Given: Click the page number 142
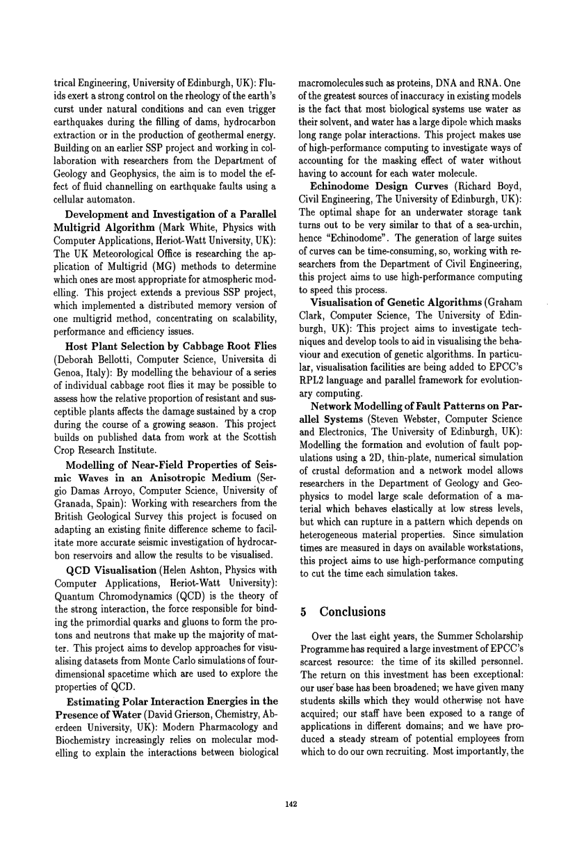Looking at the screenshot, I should (292, 804).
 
